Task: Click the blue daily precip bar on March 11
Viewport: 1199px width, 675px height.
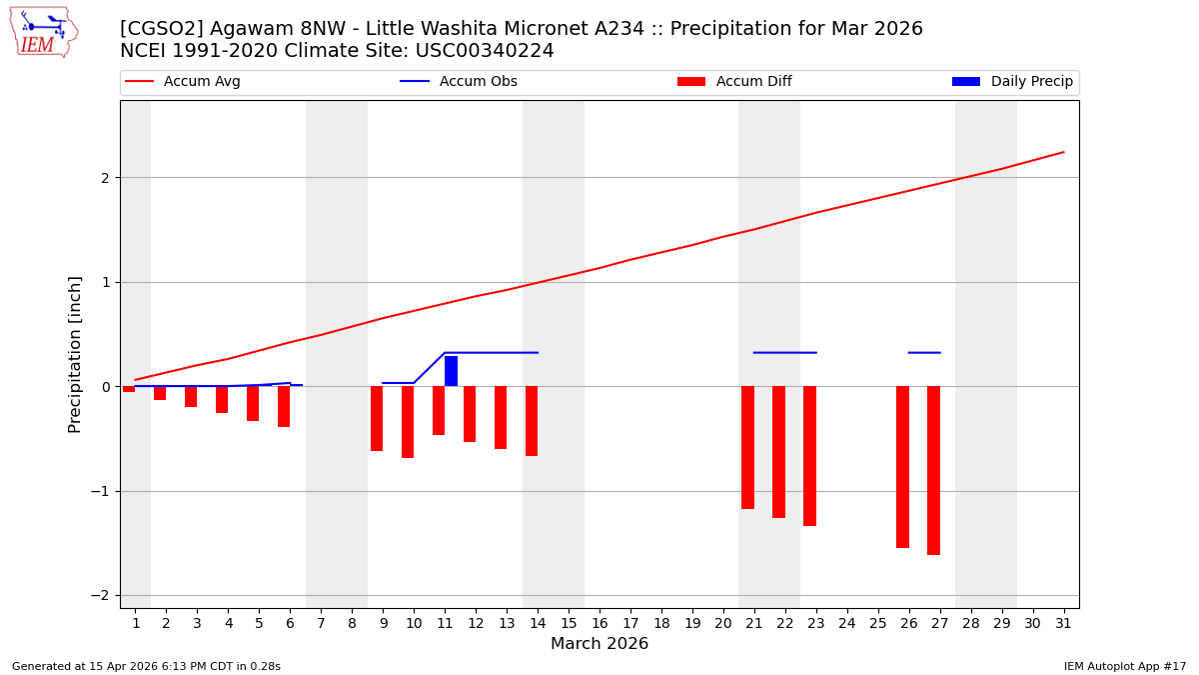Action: [x=451, y=371]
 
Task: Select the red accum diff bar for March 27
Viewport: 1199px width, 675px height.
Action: [x=933, y=470]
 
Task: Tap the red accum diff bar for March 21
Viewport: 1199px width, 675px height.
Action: [x=747, y=447]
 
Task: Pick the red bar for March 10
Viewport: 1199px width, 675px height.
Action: [x=408, y=422]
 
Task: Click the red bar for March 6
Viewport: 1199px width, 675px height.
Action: [x=284, y=406]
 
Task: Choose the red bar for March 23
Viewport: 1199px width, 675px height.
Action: [x=809, y=456]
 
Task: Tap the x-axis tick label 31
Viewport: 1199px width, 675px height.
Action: [x=1063, y=623]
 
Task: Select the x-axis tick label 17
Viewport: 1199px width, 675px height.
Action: [x=630, y=623]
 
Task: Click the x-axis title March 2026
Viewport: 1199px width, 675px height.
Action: [x=599, y=644]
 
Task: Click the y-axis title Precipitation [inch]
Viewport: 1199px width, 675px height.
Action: [x=75, y=354]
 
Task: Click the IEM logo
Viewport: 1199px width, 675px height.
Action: [x=43, y=31]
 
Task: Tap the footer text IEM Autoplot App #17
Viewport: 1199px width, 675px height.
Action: [x=1125, y=666]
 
